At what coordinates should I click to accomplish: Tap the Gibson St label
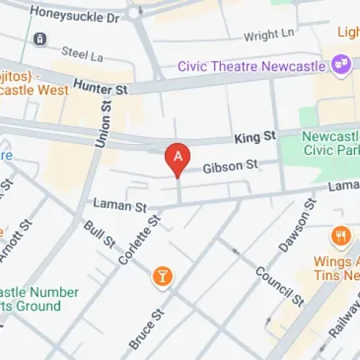230,166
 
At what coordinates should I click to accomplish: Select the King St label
254,135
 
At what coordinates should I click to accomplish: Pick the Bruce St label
148,330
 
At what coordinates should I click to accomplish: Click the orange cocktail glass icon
163,276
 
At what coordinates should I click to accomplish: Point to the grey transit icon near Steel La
41,38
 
